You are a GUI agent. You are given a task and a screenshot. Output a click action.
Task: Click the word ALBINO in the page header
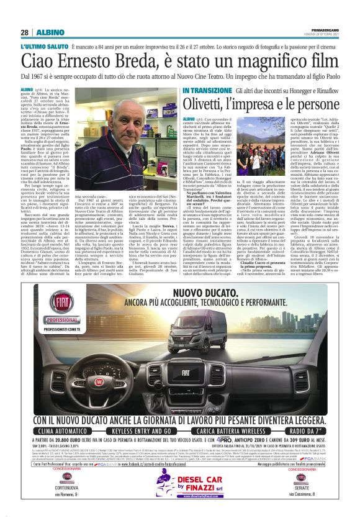coord(46,32)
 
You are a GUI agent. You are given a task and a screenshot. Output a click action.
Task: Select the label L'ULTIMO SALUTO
coord(43,47)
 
